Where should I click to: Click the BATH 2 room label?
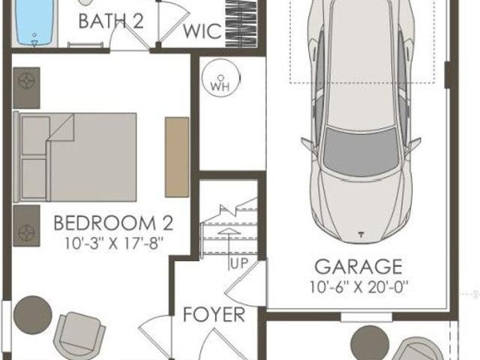pos(111,22)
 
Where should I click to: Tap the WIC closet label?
pos(202,31)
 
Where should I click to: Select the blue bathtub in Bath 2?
pos(34,23)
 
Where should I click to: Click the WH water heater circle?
pos(220,78)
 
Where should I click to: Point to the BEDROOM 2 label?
pos(113,223)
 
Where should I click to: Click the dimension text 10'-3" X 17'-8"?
pos(113,244)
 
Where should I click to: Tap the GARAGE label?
pos(358,267)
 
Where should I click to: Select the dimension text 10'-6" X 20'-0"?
pos(358,287)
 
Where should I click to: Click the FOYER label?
pos(214,315)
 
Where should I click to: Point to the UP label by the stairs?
pos(238,264)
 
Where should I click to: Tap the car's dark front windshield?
pos(361,152)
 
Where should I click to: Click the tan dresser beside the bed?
pos(177,157)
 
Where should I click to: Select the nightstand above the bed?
pos(26,88)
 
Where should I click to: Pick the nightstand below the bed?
pos(26,226)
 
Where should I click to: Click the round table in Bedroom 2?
pos(33,315)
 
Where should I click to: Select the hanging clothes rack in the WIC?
pos(241,24)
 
